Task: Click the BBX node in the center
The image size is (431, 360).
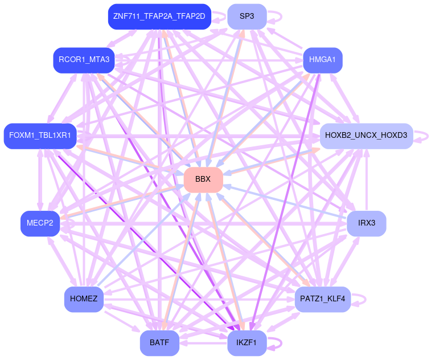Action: point(203,179)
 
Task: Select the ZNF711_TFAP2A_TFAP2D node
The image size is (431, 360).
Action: point(159,16)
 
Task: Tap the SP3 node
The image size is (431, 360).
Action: point(247,16)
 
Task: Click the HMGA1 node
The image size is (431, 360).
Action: point(322,59)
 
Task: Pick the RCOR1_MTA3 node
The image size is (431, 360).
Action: point(84,59)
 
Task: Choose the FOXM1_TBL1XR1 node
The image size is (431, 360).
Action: point(40,136)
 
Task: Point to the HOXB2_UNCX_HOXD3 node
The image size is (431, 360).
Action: point(366,136)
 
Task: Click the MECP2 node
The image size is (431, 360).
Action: point(40,223)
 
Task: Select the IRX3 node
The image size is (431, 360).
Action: point(367,223)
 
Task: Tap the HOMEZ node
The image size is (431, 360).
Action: point(84,299)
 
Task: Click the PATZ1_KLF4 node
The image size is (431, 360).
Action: point(323,299)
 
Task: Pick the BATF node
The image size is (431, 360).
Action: point(159,343)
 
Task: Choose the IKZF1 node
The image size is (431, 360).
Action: point(247,343)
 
